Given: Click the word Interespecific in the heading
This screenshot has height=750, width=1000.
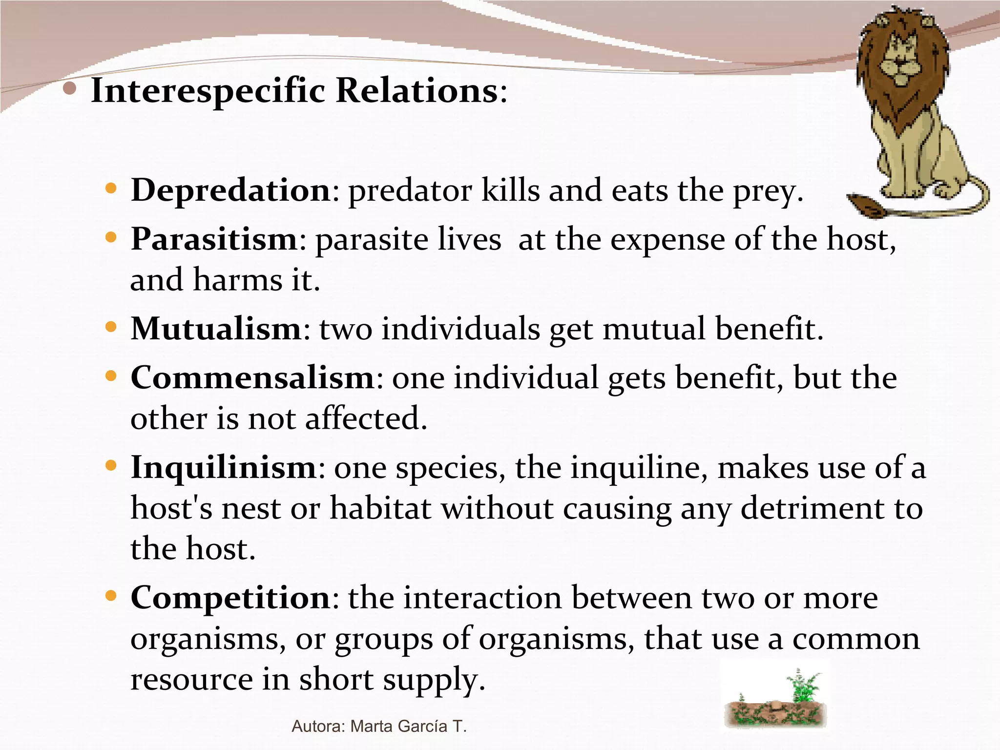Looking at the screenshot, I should pos(208,91).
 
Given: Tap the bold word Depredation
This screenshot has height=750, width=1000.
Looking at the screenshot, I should pos(231,190).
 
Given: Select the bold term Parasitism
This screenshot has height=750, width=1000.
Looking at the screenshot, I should pos(214,239).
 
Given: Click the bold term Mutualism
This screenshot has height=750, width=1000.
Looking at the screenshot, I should pos(216,329).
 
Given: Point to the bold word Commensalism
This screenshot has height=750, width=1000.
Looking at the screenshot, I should pos(252,378).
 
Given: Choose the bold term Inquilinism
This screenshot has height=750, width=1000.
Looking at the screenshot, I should pos(224,467).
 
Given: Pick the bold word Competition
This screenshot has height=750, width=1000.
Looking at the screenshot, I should pos(230,598).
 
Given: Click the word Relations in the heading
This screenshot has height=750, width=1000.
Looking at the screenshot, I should pos(417,91).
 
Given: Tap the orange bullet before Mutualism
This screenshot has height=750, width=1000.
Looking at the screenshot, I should pos(111,327).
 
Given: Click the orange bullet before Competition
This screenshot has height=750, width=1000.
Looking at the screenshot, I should pos(111,596).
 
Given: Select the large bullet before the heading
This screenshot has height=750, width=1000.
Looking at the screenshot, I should pos(70,88).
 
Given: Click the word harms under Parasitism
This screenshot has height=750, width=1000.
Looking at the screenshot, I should pos(237,280).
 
